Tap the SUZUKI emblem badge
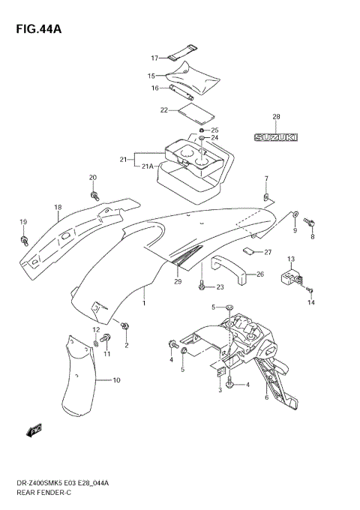274,138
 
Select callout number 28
275,117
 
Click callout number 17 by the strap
154,58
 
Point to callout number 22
163,110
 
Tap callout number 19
23,222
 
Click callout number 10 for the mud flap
116,381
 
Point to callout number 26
259,274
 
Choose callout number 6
266,397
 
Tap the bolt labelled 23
202,286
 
